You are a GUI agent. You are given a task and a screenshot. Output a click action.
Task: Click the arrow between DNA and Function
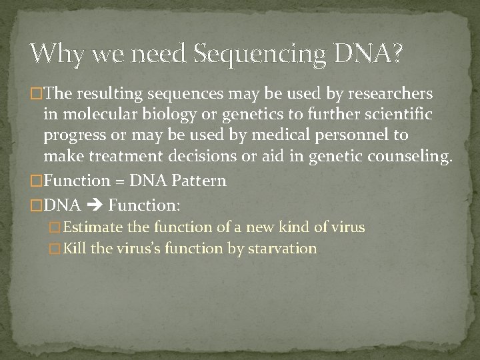94,204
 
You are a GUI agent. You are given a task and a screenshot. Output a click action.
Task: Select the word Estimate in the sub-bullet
93,227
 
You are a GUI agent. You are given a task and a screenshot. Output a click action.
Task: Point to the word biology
172,115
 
